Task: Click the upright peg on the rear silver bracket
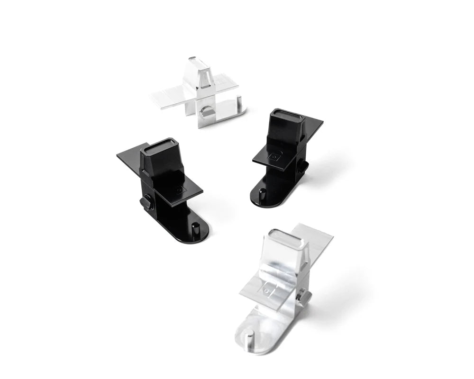[x=239, y=102]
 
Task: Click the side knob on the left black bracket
[x=146, y=202]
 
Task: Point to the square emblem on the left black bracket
[x=179, y=190]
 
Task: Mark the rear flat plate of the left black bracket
[x=129, y=156]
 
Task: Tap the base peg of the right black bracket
[x=262, y=194]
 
